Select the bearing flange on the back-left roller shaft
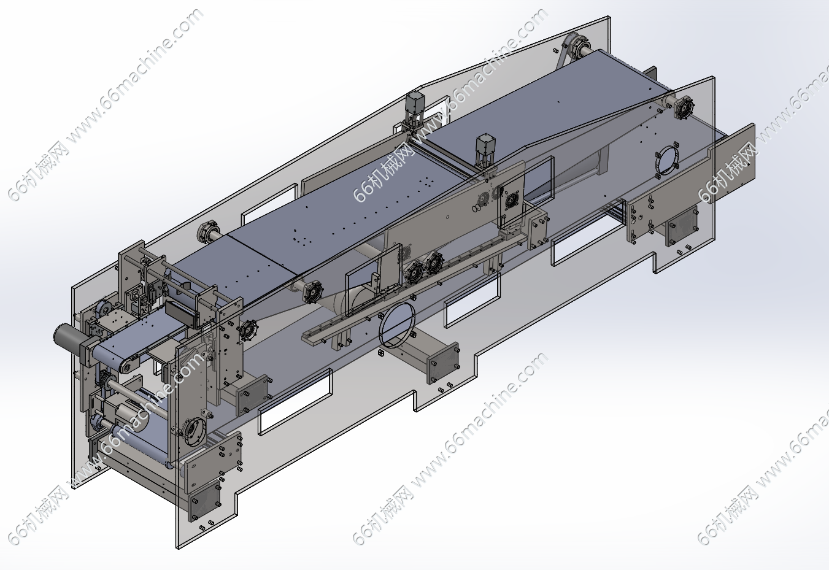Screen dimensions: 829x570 tap(205, 233)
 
